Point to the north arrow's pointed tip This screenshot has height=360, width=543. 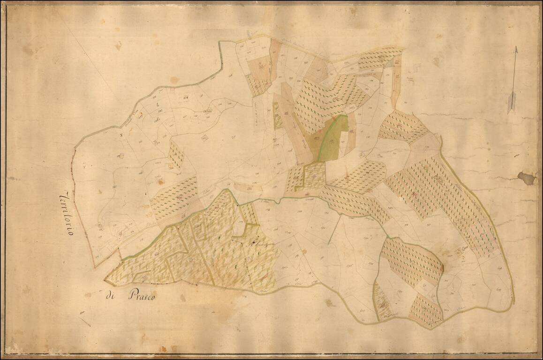516,47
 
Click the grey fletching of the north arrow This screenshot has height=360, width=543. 512,102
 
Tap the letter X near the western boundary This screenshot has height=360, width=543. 121,135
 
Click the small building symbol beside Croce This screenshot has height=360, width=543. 458,252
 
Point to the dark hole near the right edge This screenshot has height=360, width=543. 527,178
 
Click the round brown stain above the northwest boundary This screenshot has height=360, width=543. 174,80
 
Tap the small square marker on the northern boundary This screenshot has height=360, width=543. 250,39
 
